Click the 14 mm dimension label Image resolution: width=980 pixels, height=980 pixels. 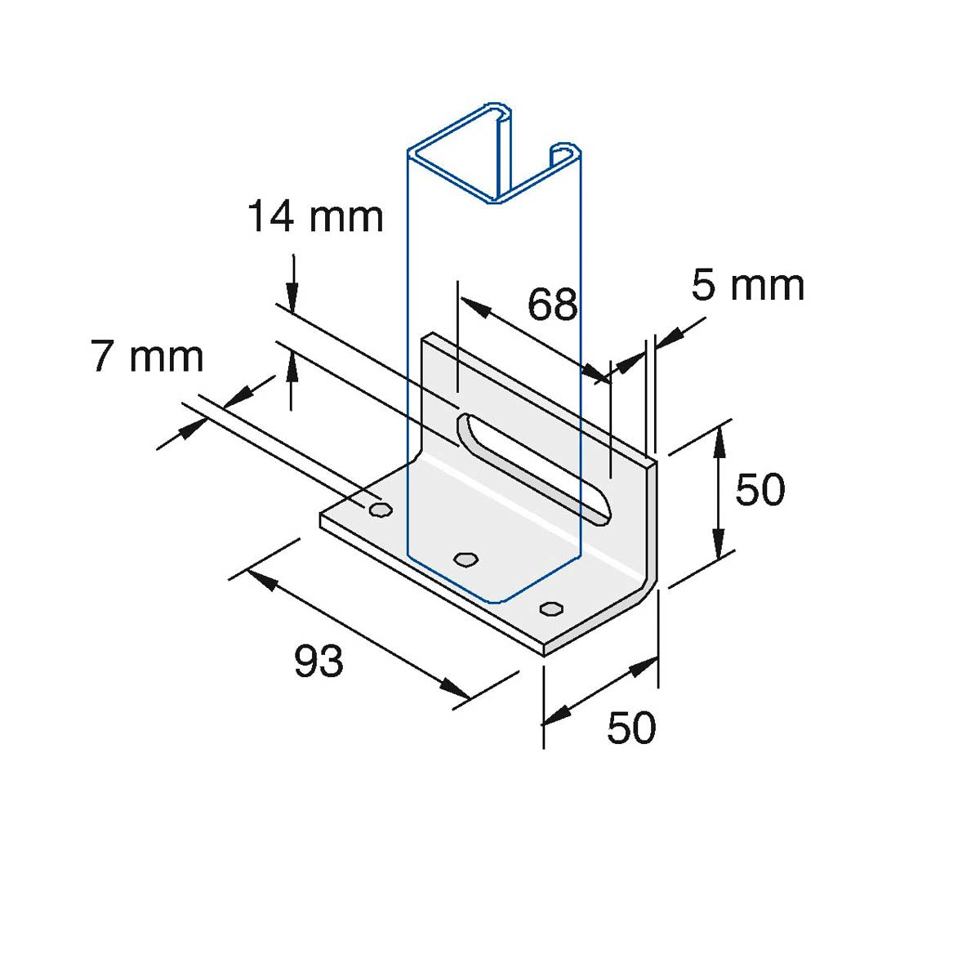coord(315,217)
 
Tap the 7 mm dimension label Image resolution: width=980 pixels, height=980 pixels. coord(147,357)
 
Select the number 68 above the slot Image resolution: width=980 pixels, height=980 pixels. coord(552,305)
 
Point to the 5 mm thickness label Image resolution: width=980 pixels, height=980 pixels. coord(747,285)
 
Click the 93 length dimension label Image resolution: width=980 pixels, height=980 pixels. coord(318,661)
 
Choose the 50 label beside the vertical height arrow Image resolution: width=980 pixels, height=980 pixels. coord(759,489)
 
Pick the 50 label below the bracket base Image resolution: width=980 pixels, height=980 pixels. coord(630,727)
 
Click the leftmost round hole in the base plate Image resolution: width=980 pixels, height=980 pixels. coord(380,510)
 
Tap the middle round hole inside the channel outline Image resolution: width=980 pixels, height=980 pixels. coord(465,559)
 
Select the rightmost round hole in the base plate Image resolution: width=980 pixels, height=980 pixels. coord(551,608)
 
